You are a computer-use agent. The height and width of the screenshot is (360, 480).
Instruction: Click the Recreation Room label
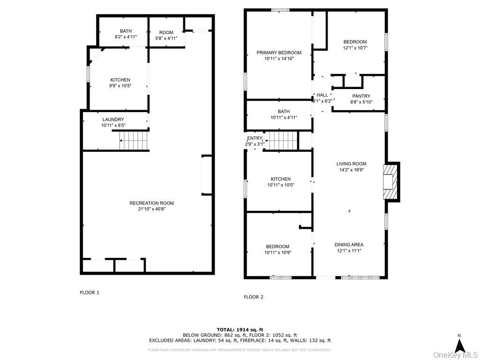click(151, 203)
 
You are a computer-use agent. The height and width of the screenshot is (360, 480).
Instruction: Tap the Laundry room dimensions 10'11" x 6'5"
click(113, 125)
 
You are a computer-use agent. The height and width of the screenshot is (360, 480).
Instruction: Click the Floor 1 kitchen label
click(120, 80)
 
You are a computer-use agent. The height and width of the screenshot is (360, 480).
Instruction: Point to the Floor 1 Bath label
click(126, 31)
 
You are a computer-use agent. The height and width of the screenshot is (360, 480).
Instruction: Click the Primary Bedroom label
click(279, 52)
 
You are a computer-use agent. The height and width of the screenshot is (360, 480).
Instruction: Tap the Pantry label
click(361, 96)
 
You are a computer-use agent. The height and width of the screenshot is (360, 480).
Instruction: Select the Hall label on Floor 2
click(322, 95)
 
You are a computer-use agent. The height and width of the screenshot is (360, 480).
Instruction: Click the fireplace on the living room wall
click(390, 181)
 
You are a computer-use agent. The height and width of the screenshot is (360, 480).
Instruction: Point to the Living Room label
click(351, 164)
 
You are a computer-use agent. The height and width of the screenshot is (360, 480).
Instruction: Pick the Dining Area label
click(349, 245)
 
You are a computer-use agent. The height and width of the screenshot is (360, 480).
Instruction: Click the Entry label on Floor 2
click(255, 138)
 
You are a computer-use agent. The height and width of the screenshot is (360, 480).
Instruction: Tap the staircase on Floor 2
click(282, 140)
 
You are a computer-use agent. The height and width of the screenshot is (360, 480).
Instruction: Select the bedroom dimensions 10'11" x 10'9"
click(277, 253)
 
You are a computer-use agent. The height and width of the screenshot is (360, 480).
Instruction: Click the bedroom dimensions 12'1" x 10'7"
click(355, 48)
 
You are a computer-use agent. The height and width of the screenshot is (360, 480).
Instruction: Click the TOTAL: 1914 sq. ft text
click(240, 330)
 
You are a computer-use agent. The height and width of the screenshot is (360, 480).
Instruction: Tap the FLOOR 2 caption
click(253, 297)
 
